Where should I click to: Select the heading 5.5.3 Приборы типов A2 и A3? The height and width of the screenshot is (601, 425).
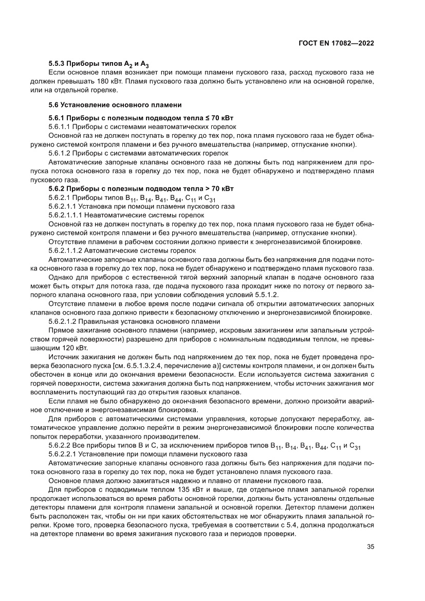98,65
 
